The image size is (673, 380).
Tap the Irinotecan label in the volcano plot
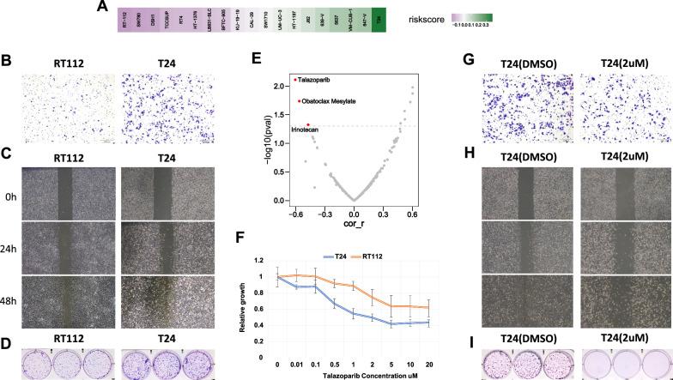[307, 130]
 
